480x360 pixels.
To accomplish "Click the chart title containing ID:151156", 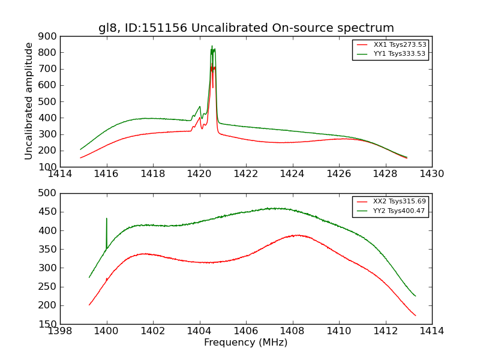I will click(246, 28).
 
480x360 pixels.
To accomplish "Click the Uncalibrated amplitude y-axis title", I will click(29, 101).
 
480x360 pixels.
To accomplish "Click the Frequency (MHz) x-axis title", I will click(246, 343).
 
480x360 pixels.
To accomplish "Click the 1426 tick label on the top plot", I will click(338, 174).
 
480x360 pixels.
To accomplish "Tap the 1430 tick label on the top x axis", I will click(431, 174).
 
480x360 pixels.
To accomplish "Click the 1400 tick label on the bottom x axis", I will click(107, 331).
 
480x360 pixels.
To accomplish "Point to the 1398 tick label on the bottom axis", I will click(61, 331).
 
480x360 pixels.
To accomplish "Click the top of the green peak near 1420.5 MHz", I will click(212, 46).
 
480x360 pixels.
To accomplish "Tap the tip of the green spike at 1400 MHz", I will click(107, 218).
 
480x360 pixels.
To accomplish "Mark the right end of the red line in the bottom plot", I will click(415, 316).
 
